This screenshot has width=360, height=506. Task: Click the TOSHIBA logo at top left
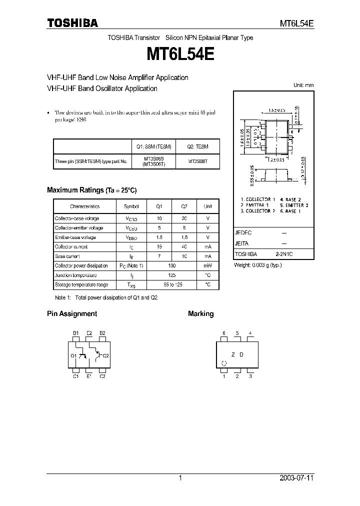point(72,23)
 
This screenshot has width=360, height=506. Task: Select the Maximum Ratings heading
point(91,190)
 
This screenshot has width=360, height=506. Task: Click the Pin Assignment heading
point(71,313)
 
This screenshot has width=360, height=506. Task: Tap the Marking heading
point(200,313)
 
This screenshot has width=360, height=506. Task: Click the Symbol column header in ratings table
point(131,206)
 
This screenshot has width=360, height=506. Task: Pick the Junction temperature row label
point(75,275)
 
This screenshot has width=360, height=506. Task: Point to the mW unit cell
point(207,265)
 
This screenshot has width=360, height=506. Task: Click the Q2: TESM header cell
point(197,146)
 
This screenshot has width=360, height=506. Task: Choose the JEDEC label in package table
point(243,233)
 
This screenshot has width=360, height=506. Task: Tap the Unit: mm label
point(303,85)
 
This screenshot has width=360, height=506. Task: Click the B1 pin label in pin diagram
point(75,333)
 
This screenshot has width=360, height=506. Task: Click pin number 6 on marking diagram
point(224,333)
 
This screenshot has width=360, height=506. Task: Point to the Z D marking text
point(237,354)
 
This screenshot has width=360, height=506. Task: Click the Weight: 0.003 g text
point(258,265)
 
